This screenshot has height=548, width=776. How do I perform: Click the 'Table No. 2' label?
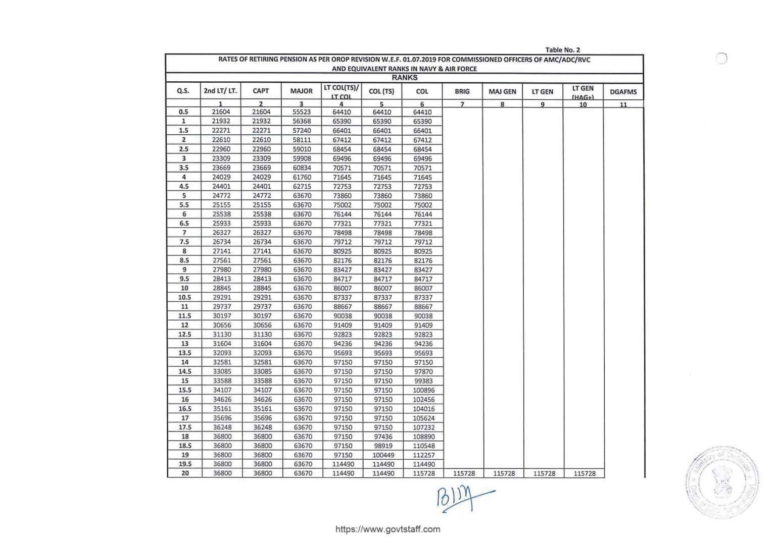pos(562,49)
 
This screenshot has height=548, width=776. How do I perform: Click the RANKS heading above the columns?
pos(404,78)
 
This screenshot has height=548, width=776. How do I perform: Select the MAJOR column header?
pos(301,91)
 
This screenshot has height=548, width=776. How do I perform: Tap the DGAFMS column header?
pos(623,92)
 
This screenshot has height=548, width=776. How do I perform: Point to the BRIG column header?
pos(462,92)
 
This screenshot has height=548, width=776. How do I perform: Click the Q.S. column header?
pos(183,91)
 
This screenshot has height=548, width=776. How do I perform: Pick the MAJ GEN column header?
pos(502,92)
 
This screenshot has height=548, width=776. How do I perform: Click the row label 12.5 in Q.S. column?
pos(184,335)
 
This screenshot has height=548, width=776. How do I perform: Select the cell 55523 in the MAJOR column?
pos(302,112)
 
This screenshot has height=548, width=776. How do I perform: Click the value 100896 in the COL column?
pos(423,390)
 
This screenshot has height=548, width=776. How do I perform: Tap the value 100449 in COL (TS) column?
pos(383,455)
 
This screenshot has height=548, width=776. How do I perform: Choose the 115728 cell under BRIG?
pos(464,474)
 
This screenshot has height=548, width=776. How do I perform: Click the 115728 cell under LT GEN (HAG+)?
pos(584,474)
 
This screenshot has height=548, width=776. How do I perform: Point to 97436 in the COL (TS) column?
pos(383,436)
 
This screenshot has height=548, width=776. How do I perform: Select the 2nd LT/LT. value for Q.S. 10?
pos(222,288)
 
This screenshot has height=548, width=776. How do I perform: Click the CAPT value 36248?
pos(262,427)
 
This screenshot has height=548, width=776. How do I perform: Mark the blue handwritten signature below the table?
pos(462,499)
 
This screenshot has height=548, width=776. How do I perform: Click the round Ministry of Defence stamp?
pos(722,481)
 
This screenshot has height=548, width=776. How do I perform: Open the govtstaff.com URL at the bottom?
pos(387,529)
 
